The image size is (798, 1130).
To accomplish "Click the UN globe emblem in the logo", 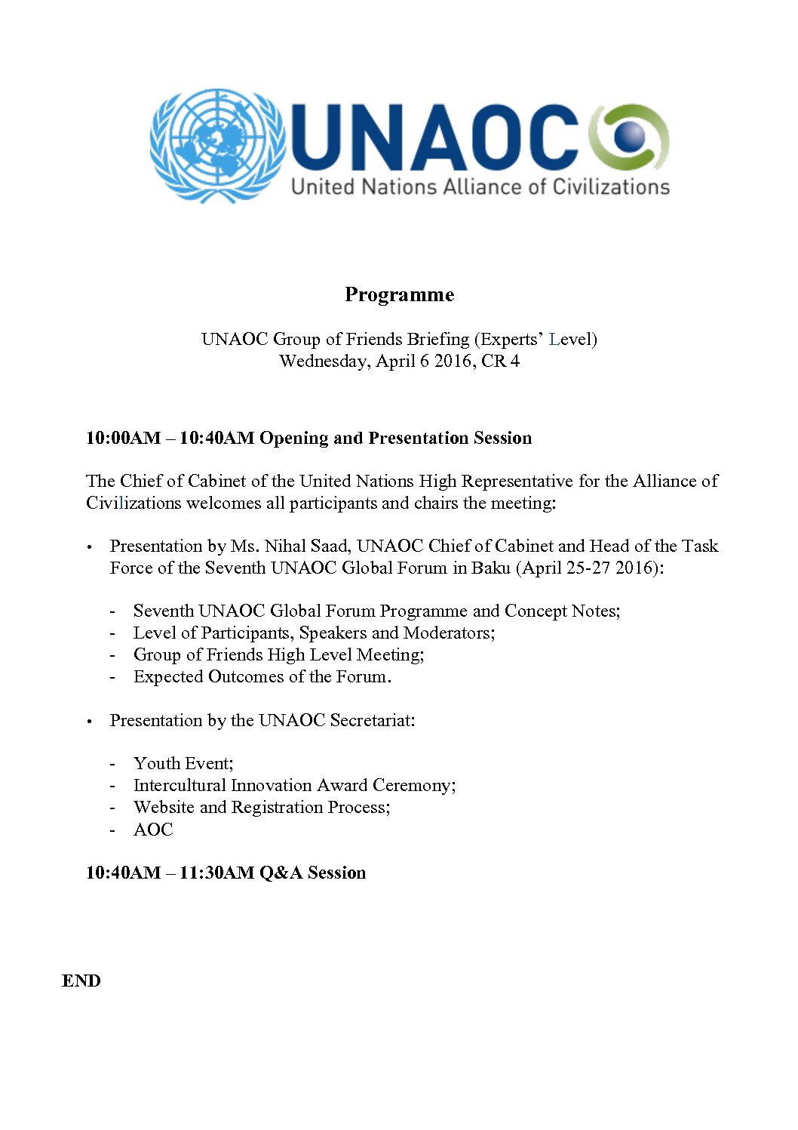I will [x=217, y=145].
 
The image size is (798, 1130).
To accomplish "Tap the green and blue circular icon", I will [x=628, y=137].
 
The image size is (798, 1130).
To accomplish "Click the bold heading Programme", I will [x=399, y=294].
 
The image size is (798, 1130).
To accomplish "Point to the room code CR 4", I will [x=500, y=361].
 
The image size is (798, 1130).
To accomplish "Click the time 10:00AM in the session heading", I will [x=123, y=438].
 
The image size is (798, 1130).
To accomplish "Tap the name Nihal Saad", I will [x=307, y=546].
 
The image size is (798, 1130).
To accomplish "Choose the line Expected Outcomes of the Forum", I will [x=262, y=676].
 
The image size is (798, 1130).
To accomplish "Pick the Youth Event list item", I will [x=183, y=763].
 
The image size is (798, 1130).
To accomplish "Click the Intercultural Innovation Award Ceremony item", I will [x=294, y=785].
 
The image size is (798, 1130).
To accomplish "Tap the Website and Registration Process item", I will [x=262, y=807].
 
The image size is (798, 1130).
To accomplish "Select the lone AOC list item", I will [x=153, y=829].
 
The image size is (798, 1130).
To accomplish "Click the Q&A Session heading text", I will [x=312, y=873].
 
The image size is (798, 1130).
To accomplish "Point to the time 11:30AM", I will [x=216, y=873].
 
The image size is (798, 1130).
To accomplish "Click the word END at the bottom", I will [x=81, y=981].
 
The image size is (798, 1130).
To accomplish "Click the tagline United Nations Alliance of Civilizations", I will [x=480, y=186].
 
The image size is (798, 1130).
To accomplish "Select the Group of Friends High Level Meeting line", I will [x=278, y=654].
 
